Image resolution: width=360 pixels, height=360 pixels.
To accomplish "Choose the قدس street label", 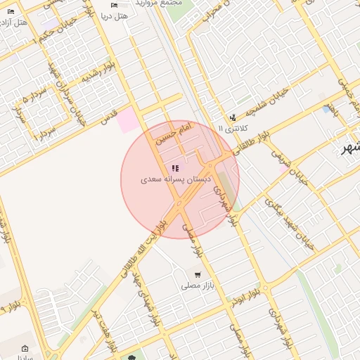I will pyautogui.click(x=109, y=117).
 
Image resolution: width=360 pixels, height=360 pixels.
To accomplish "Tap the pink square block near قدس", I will pyautogui.click(x=129, y=120).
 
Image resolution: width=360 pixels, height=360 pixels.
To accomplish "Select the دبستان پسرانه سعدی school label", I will pyautogui.click(x=175, y=180).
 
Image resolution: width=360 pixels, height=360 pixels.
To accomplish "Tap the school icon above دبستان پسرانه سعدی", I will pyautogui.click(x=175, y=169).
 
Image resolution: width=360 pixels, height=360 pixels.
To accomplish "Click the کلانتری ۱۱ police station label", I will pyautogui.click(x=233, y=129).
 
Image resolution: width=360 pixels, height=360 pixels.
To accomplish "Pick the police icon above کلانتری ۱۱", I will pyautogui.click(x=233, y=117).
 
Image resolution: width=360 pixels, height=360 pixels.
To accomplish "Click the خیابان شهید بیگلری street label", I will pyautogui.click(x=281, y=215).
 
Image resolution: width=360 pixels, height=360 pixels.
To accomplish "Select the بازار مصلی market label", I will pyautogui.click(x=197, y=286).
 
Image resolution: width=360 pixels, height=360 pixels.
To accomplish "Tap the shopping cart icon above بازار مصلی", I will pyautogui.click(x=197, y=275).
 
